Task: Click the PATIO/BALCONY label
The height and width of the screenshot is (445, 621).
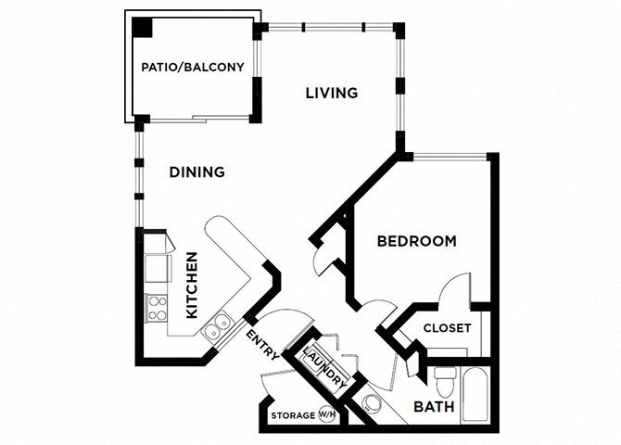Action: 192,67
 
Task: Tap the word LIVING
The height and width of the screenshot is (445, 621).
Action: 331,93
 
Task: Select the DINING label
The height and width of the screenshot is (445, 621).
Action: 196,172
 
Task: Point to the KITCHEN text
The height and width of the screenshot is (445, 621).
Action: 192,286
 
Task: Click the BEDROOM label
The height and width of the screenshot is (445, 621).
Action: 416,241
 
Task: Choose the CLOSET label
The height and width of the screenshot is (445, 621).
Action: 447,328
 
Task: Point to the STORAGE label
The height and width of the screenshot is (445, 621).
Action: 293,416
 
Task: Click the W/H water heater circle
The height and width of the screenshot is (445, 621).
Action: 327,415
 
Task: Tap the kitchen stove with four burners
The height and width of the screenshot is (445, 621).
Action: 156,308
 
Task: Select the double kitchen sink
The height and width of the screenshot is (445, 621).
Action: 220,324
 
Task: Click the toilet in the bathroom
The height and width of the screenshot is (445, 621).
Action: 445,380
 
